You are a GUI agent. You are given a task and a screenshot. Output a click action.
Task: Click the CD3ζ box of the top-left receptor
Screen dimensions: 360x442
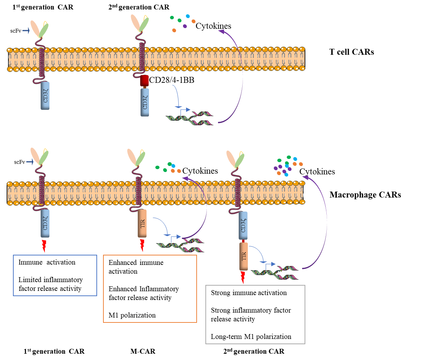point(45,95)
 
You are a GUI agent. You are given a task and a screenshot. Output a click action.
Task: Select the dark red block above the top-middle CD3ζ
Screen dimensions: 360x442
point(144,80)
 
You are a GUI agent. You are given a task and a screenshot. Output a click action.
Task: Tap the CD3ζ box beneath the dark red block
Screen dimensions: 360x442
point(145,102)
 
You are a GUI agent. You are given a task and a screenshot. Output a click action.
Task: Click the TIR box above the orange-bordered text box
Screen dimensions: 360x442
point(142,224)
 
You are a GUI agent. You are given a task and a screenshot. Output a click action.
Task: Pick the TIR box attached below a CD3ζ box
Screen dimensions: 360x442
point(244,256)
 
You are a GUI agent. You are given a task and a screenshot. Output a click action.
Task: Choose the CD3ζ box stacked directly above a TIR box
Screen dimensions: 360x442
point(243,226)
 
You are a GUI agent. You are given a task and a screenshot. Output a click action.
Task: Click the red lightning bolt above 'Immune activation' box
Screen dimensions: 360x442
point(44,246)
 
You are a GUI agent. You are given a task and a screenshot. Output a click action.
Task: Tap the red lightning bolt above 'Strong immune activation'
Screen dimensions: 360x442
point(243,277)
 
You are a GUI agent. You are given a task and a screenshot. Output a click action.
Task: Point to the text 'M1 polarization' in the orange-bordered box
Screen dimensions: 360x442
point(132,315)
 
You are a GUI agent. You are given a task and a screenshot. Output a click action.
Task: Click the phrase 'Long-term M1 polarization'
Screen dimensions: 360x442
point(251,336)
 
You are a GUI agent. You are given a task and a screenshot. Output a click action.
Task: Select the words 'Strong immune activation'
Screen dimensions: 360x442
point(249,293)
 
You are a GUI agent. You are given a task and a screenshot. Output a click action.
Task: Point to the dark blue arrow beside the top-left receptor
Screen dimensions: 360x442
point(26,31)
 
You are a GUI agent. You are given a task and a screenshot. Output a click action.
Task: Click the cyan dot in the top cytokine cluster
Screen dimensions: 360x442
point(188,16)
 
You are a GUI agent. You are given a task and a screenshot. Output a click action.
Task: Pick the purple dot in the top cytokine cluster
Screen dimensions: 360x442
point(185,26)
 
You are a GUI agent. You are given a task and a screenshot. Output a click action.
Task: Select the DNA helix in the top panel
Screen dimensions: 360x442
point(189,119)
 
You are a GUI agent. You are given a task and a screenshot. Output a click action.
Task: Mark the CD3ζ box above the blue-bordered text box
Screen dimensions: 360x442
point(45,224)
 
